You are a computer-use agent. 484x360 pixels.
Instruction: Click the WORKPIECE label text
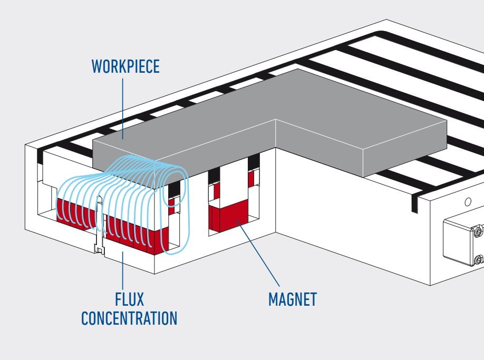[x=125, y=67]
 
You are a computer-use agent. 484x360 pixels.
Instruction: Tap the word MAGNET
[x=293, y=299]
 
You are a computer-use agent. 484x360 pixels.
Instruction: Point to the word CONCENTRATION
[x=129, y=318]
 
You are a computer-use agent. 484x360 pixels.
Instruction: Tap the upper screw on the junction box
[x=477, y=230]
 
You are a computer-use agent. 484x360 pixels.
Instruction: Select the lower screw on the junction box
[x=478, y=259]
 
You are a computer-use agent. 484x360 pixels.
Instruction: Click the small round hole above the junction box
[x=467, y=201]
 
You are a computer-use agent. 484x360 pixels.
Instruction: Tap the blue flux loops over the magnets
[x=121, y=200]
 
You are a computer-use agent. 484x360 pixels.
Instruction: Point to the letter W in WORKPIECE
[x=98, y=67]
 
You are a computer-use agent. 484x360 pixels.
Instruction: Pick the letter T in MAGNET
[x=313, y=299]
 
